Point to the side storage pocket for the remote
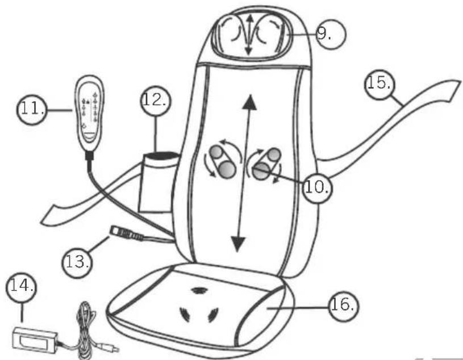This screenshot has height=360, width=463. [x=156, y=182]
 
